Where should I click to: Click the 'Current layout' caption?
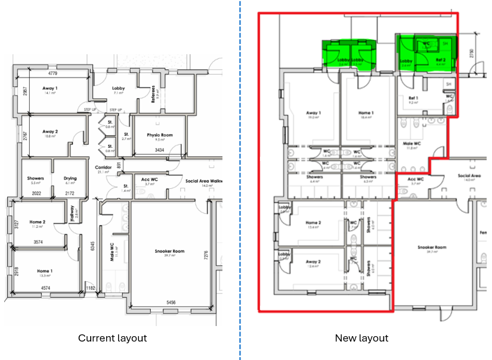click(x=112, y=338)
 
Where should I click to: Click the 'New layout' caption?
click(x=361, y=338)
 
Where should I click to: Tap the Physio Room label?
click(x=159, y=136)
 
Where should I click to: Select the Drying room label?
click(x=70, y=178)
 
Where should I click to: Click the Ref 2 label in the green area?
click(x=441, y=60)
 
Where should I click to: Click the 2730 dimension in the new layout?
click(x=471, y=54)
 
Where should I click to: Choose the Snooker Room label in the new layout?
click(x=432, y=247)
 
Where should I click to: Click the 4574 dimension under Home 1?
click(x=44, y=288)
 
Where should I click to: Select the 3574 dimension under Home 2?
click(x=38, y=242)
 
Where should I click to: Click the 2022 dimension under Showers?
click(x=36, y=193)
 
